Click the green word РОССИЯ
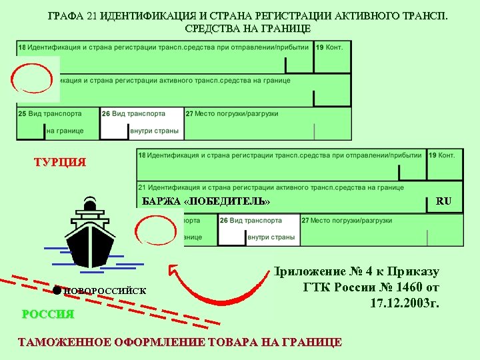[x=48, y=314]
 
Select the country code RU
[x=444, y=201]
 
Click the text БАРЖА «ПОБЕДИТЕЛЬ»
[x=207, y=201]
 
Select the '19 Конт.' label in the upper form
[x=330, y=48]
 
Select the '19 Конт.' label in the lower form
[x=442, y=155]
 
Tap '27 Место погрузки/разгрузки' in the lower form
[x=347, y=220]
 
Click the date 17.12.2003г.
[x=405, y=304]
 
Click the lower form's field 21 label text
[x=271, y=187]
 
